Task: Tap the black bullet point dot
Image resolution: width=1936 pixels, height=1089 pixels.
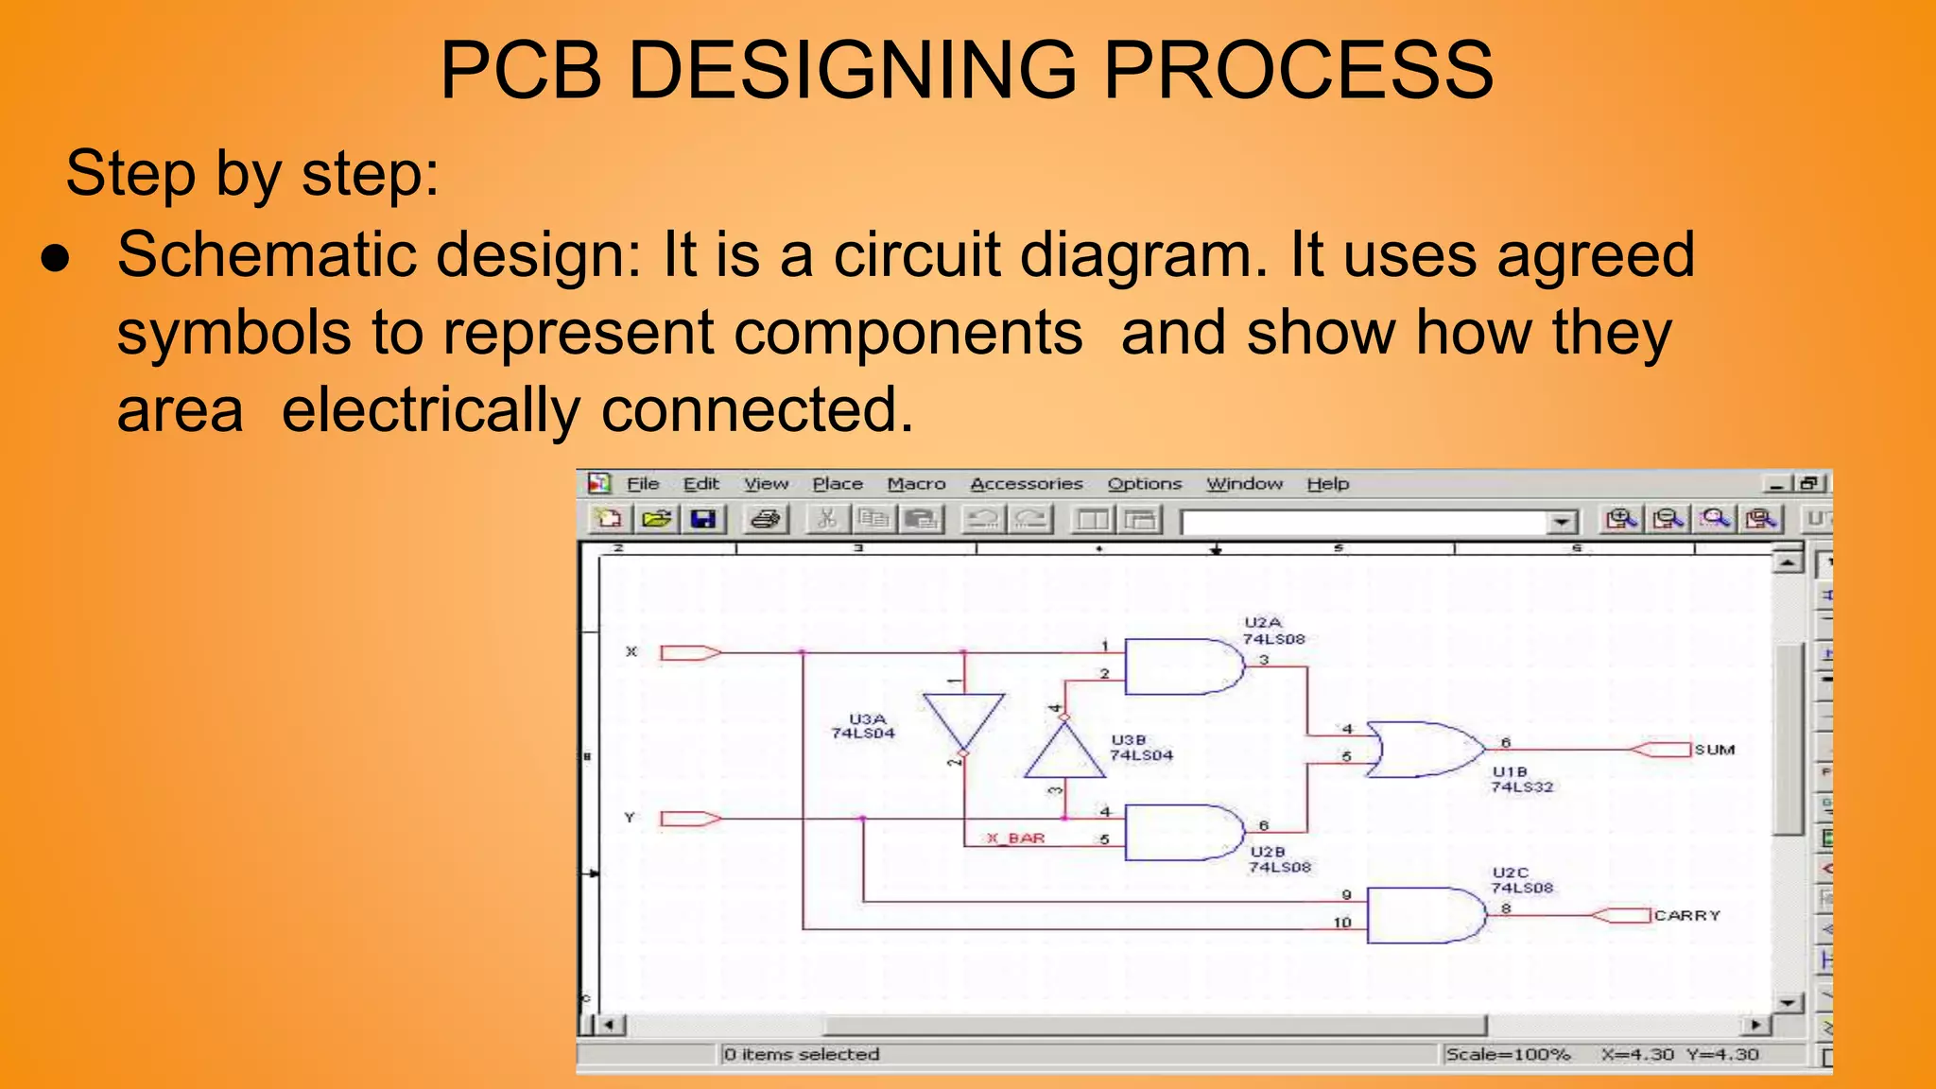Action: point(56,259)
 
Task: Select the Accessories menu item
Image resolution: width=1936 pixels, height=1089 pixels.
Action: point(1026,484)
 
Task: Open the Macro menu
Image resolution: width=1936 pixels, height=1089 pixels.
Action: point(915,484)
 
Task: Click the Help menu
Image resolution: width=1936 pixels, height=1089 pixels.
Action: point(1327,484)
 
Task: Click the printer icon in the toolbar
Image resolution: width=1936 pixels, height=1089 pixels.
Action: point(766,519)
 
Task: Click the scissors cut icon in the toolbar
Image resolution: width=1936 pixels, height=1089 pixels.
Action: point(827,519)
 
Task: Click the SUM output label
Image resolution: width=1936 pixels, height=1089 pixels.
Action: point(1714,750)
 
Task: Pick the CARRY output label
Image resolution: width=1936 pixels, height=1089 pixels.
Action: point(1686,915)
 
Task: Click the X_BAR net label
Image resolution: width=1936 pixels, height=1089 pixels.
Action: point(1016,838)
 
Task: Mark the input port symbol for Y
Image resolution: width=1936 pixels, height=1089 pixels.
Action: point(690,819)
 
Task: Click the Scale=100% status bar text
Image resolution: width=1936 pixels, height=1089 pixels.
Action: point(1507,1054)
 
